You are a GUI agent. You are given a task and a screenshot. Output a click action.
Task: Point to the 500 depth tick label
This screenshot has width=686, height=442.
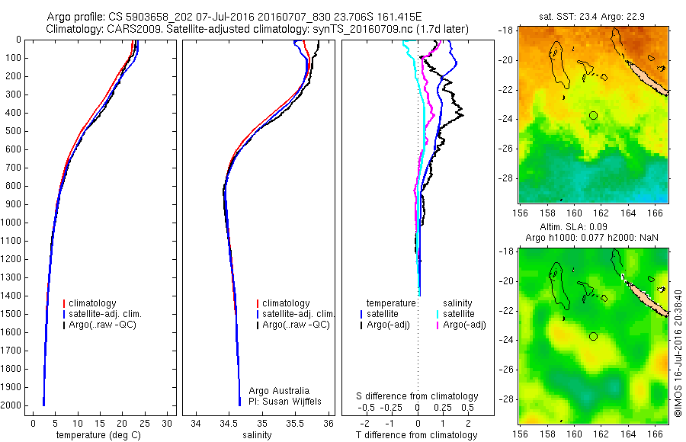[13, 131]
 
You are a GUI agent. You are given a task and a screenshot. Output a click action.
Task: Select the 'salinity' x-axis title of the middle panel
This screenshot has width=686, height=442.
[258, 435]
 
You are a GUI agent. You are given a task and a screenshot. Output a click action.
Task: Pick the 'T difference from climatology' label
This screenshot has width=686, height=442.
[418, 435]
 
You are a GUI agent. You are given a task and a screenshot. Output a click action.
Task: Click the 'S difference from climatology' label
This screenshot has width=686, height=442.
[418, 396]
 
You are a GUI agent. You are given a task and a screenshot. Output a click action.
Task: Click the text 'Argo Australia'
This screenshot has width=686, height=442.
[280, 391]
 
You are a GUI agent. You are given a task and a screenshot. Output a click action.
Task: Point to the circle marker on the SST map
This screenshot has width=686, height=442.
[593, 115]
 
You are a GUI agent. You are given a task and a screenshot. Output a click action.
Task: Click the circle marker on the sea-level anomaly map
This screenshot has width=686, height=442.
[593, 336]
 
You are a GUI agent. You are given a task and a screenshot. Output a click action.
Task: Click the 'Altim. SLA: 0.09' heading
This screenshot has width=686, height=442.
[592, 227]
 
